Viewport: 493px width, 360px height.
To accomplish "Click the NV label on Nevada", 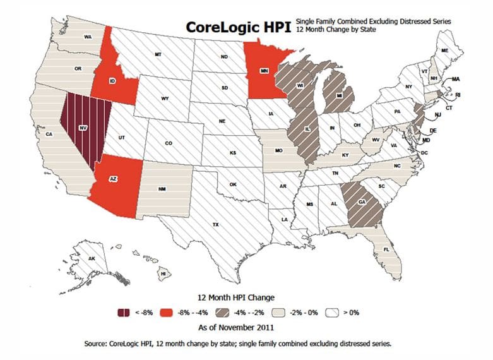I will tap(81, 127).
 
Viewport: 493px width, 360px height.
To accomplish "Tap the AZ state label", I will tap(114, 179).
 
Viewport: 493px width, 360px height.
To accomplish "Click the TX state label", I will tap(215, 224).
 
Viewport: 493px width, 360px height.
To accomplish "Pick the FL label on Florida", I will tap(386, 250).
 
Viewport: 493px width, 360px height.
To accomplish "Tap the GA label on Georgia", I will tap(362, 201).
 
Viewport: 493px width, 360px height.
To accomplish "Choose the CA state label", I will tap(48, 134).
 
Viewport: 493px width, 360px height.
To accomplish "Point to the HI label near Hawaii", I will tap(163, 273).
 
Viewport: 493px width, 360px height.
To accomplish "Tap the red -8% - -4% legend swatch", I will tap(167, 312).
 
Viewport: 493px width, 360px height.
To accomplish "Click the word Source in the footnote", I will tap(98, 344).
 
